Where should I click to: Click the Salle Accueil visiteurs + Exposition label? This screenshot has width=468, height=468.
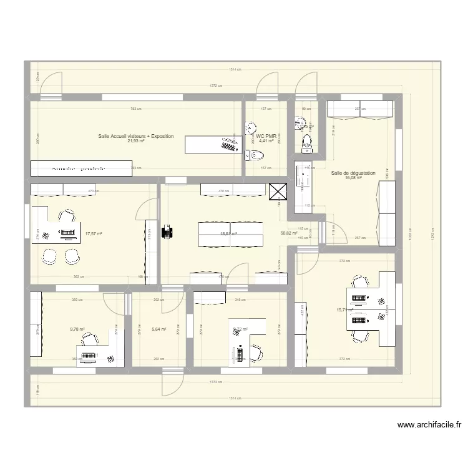135,135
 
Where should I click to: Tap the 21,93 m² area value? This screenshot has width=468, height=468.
135,141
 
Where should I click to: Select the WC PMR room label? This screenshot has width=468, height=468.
266,135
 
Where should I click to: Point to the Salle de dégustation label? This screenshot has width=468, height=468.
353,173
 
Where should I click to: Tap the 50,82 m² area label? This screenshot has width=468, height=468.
289,233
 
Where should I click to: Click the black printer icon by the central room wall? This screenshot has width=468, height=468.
167,232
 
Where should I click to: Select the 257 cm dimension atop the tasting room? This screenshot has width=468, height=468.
360,109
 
